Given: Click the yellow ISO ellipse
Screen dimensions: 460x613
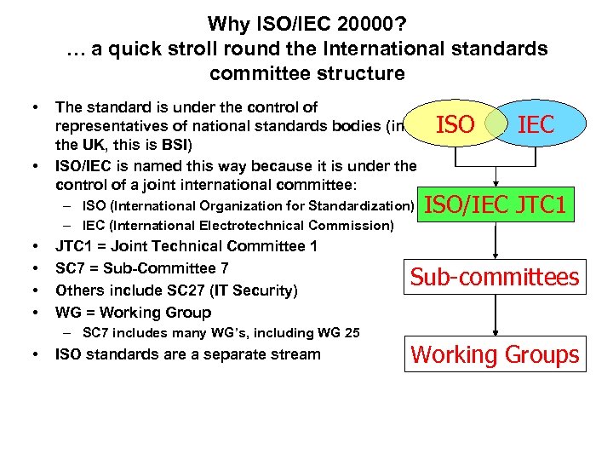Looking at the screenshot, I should (x=451, y=125).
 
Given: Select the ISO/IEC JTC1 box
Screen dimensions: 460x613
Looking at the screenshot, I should (x=496, y=204).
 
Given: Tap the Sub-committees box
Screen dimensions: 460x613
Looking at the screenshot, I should (x=495, y=277).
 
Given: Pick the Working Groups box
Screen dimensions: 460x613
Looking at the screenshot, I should (x=495, y=354).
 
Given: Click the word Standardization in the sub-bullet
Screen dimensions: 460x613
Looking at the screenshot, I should (x=364, y=205).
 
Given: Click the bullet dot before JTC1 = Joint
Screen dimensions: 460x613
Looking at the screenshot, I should (x=37, y=247).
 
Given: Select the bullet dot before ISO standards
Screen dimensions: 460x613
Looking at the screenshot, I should (x=37, y=354).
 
